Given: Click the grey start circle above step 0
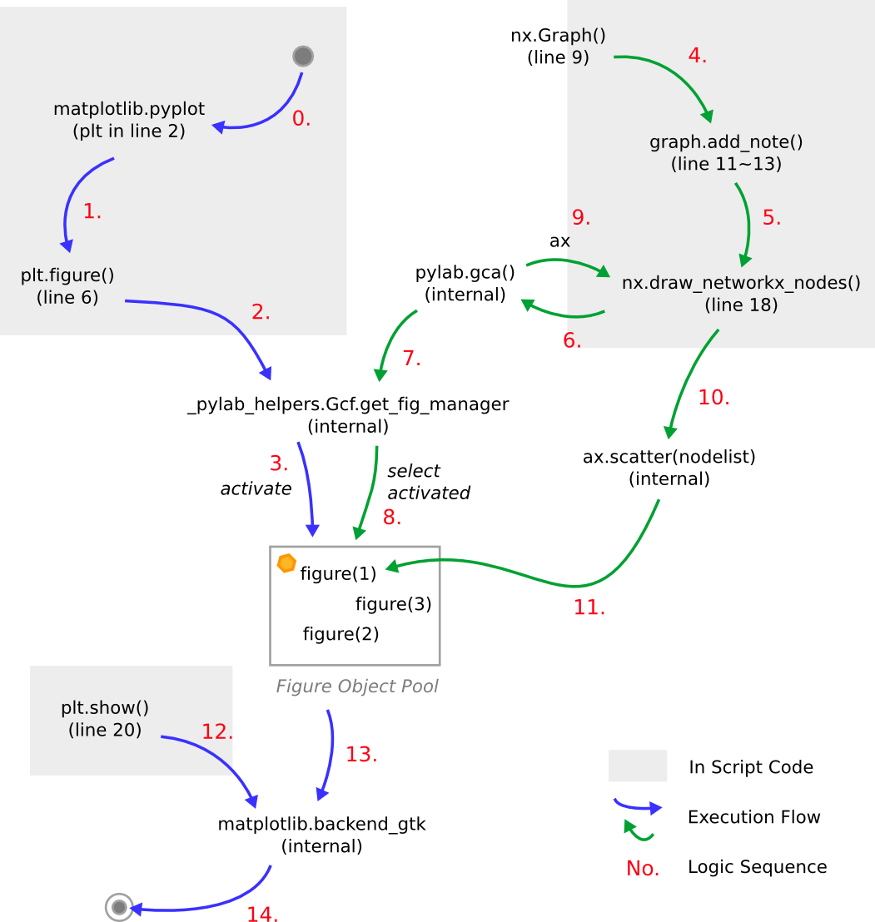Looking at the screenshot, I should (x=303, y=57).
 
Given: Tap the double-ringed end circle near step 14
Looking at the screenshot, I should (x=119, y=906).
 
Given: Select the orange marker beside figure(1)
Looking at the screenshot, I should (x=286, y=563).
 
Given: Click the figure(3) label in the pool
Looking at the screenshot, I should (x=393, y=604).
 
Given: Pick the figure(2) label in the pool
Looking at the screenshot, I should (x=341, y=635).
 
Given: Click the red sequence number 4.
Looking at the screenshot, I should (x=697, y=57).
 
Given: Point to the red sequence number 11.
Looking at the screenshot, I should (x=589, y=608).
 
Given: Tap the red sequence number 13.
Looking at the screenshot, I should (x=361, y=756).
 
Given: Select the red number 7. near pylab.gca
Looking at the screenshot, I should (x=411, y=359).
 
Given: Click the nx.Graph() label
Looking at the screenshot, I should (x=558, y=36).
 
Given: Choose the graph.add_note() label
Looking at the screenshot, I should (x=726, y=142).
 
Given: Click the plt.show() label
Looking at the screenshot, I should (x=105, y=708).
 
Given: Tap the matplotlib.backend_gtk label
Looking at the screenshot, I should (x=322, y=825).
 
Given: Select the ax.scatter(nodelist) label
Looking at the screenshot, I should (x=669, y=457).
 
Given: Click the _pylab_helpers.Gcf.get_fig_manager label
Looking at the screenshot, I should (x=348, y=404).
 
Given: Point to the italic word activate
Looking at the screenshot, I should (x=256, y=488).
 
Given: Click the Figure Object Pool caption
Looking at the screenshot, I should (x=357, y=687).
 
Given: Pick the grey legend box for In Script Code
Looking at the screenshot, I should (x=638, y=766).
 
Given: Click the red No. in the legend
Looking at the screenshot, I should (x=643, y=869).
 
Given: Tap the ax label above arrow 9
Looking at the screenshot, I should (x=559, y=241).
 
